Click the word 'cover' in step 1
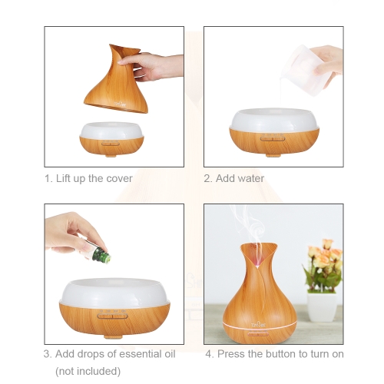[x=120, y=178]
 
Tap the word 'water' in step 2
[x=250, y=178]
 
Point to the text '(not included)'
[x=88, y=371]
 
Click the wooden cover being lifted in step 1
[x=116, y=79]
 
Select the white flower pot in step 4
[x=322, y=307]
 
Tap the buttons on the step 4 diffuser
[x=258, y=334]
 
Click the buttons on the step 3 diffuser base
[x=113, y=316]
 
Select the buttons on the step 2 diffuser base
[x=273, y=139]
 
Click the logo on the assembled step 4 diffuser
[x=258, y=326]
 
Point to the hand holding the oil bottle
[x=71, y=233]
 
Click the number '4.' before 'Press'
[x=210, y=354]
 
